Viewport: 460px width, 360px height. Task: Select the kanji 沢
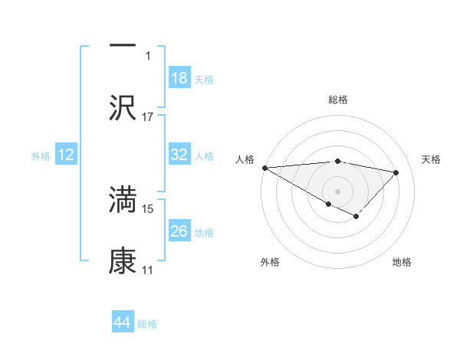coord(123,106)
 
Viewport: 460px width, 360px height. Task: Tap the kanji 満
coord(123,200)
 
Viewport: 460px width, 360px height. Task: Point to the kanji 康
coord(123,260)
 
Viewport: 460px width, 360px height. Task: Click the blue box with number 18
coord(179,78)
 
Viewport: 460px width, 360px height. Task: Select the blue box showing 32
coord(179,155)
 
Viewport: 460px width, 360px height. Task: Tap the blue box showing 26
coord(179,231)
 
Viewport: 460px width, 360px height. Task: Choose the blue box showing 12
coord(66,155)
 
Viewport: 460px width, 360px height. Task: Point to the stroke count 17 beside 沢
coord(148,116)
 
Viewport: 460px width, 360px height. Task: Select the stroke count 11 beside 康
coord(147,270)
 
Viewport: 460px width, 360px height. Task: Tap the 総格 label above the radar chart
coord(338,100)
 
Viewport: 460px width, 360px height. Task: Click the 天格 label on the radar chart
coord(431,159)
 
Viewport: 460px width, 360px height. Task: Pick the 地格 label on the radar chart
coord(402,262)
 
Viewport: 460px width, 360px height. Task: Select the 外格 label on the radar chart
coord(270,262)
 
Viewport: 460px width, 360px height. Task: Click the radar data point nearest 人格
coord(264,168)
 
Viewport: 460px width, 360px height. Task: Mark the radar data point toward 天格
coord(396,172)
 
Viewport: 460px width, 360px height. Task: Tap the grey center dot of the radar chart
coord(337,191)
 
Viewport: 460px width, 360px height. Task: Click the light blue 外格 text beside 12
coord(41,155)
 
